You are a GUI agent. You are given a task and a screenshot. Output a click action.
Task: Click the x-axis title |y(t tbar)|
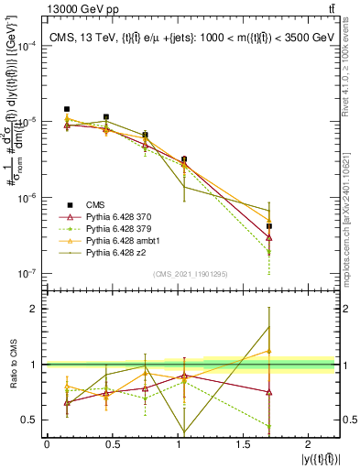click(322, 458)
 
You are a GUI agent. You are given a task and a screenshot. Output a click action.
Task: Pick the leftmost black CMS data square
click(67, 109)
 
